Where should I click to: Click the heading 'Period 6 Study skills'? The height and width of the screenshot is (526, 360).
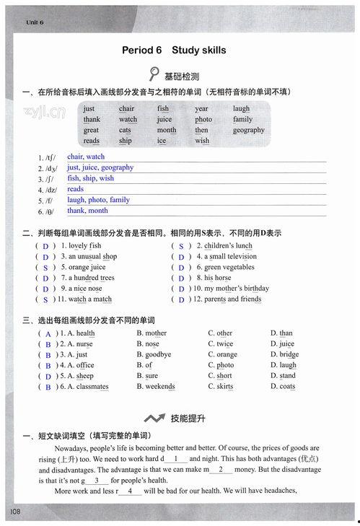pyautogui.click(x=174, y=51)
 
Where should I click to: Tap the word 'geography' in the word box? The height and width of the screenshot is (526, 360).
pyautogui.click(x=248, y=131)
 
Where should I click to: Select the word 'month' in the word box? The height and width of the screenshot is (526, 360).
pyautogui.click(x=166, y=131)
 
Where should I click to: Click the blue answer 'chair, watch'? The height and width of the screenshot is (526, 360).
pyautogui.click(x=86, y=157)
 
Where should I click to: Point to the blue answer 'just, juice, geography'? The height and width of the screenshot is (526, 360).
pyautogui.click(x=100, y=167)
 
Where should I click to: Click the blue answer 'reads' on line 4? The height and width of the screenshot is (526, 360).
pyautogui.click(x=76, y=189)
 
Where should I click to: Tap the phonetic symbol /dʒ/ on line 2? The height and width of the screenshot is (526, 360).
pyautogui.click(x=51, y=169)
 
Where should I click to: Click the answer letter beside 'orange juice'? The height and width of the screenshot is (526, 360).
pyautogui.click(x=45, y=268)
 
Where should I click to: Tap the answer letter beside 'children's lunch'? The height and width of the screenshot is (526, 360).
pyautogui.click(x=181, y=246)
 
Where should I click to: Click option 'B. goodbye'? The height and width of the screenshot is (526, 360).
pyautogui.click(x=154, y=355)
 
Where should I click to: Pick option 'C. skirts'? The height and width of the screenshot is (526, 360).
pyautogui.click(x=220, y=387)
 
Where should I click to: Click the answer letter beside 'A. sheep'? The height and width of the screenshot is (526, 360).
pyautogui.click(x=48, y=377)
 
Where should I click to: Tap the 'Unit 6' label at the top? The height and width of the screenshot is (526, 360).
pyautogui.click(x=35, y=23)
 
